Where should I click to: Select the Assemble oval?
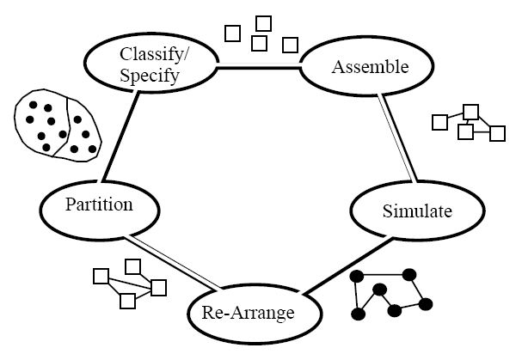tap(357, 67)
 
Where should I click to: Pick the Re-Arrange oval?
tap(248, 312)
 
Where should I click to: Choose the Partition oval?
tap(100, 206)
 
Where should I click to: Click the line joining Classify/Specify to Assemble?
tap(257, 66)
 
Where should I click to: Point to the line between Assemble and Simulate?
tap(397, 137)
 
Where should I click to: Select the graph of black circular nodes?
tap(392, 295)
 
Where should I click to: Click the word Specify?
tap(151, 76)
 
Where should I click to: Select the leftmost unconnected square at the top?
tap(232, 34)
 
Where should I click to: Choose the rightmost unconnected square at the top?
tap(291, 43)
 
